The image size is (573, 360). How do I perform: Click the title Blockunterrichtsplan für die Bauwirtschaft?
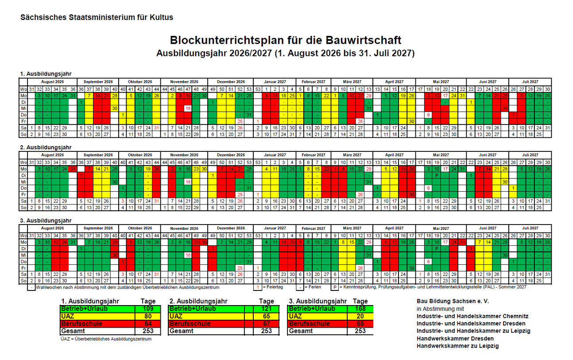coord(286,40)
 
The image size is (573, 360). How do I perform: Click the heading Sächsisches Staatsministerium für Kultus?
coord(97,18)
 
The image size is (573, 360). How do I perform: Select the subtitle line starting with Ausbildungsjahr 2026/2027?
coord(286,54)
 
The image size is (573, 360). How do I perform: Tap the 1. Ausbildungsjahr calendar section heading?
coord(46,74)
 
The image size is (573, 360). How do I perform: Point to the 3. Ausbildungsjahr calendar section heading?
coord(46,220)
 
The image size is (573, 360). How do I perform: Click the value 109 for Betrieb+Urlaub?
coord(148,309)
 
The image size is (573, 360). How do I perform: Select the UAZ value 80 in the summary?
coord(148,316)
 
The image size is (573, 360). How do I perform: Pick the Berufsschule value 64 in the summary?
coord(148,324)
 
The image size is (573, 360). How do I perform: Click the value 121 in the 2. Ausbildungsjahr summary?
coord(266,309)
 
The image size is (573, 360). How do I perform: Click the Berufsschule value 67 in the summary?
coord(266,324)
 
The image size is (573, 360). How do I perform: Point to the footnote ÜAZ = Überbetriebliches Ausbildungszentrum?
coord(106,339)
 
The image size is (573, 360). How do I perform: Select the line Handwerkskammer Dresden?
coord(455,338)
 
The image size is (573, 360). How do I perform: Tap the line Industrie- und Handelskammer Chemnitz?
coord(472,316)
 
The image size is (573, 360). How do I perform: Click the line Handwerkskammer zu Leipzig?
coord(457,346)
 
